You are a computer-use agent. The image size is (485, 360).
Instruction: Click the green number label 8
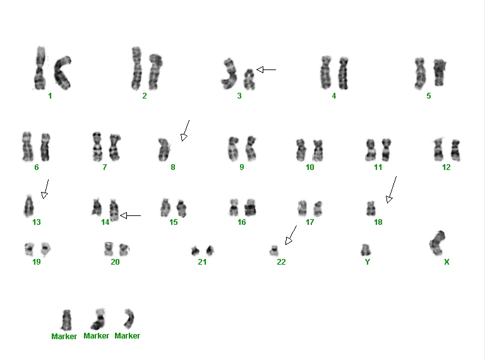point(173,167)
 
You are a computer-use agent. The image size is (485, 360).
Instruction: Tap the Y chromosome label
point(368,262)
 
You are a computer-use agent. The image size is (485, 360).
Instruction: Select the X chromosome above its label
point(438,243)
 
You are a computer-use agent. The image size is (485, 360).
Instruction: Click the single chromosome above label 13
point(29,207)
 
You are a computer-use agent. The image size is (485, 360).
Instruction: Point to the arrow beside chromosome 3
point(266,70)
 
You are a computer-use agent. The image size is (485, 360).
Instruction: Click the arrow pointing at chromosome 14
point(130,215)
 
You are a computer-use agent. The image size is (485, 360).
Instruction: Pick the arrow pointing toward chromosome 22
point(290,235)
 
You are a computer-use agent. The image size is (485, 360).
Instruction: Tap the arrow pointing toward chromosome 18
point(392,189)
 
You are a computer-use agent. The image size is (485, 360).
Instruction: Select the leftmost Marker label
point(64,336)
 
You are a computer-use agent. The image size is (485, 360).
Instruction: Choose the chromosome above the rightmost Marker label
point(129,318)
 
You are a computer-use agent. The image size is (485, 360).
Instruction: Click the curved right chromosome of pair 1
point(63,73)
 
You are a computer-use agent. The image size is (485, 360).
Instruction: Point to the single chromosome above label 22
point(273,251)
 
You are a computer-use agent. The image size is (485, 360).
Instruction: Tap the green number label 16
point(242,222)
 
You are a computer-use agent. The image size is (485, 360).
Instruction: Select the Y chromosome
point(366,250)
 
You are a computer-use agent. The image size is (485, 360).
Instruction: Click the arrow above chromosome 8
point(185,131)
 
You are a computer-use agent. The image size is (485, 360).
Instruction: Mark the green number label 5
point(429,96)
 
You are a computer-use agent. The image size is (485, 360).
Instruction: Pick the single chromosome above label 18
point(371,208)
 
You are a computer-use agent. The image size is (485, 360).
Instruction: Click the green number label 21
point(202,262)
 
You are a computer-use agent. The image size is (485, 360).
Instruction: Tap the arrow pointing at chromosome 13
point(45,189)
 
